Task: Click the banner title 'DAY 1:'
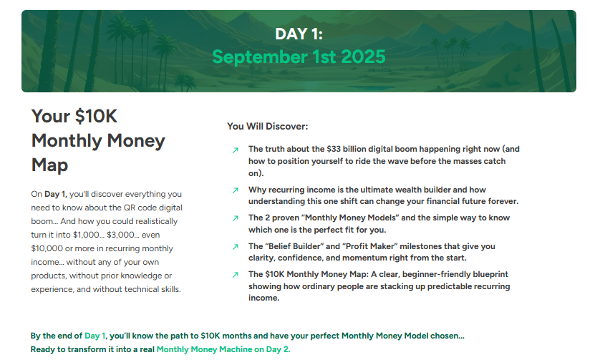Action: point(299,34)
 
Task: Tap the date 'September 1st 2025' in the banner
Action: point(299,57)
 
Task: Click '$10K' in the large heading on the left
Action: point(96,116)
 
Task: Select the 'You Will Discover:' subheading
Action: point(267,126)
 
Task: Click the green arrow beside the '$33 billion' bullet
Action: point(236,150)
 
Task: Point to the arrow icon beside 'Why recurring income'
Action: point(236,190)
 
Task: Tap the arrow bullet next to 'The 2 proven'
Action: point(236,218)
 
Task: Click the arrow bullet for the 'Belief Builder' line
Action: point(236,247)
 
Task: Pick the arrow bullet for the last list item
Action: point(236,275)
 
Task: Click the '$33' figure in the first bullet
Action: point(334,149)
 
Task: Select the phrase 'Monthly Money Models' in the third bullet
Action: point(350,218)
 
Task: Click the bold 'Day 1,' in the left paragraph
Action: point(56,194)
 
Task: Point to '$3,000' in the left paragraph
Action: point(120,235)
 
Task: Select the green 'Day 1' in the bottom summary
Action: point(95,336)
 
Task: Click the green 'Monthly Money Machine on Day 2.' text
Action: point(223,349)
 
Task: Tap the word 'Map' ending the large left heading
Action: point(50,165)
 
